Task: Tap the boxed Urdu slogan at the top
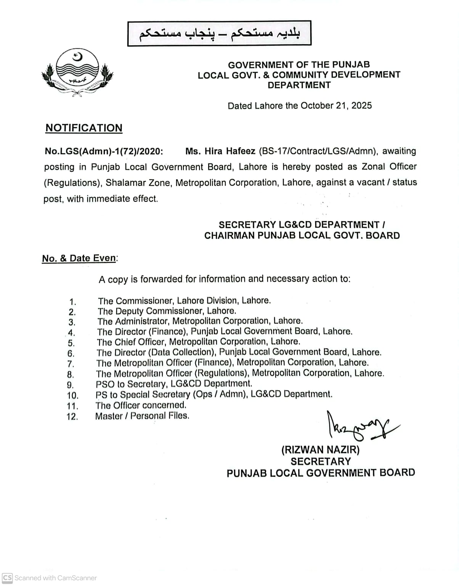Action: [x=219, y=34]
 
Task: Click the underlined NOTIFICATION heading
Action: [x=84, y=128]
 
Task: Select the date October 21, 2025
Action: [x=336, y=105]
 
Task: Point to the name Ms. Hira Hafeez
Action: [x=220, y=151]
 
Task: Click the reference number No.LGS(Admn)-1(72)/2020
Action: [x=104, y=151]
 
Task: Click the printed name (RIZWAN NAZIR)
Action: [x=320, y=450]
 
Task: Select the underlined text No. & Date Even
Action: [x=79, y=258]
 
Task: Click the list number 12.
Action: [x=72, y=417]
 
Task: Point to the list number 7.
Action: [x=71, y=364]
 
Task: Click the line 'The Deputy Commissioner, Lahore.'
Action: [x=167, y=311]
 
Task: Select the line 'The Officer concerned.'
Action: [x=141, y=405]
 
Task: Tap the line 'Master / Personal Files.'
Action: [x=142, y=416]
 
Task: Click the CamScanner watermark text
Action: [x=55, y=578]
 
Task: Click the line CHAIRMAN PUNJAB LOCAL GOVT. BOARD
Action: [x=302, y=236]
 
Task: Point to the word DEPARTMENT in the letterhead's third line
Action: [x=299, y=85]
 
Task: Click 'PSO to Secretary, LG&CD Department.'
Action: [x=174, y=384]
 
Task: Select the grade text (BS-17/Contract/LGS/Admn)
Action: [x=318, y=151]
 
